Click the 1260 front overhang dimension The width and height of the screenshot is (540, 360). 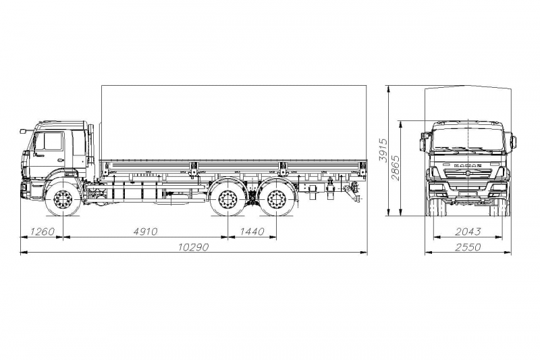[41, 232]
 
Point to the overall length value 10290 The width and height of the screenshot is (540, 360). [193, 247]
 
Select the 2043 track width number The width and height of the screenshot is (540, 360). [468, 232]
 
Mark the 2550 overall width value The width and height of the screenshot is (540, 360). [468, 247]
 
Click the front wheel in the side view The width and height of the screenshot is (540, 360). [63, 201]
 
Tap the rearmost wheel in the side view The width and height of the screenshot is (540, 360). [275, 201]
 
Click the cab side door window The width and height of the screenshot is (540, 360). [51, 142]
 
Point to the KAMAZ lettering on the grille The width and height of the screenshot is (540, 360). [467, 165]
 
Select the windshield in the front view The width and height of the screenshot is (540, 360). [468, 139]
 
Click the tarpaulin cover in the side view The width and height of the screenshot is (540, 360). [233, 122]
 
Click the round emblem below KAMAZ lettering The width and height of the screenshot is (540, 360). [468, 175]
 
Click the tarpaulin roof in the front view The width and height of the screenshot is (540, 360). [468, 101]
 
